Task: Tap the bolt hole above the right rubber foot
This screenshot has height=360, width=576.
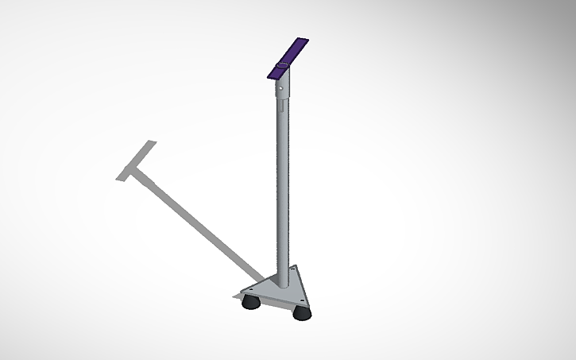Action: (x=303, y=300)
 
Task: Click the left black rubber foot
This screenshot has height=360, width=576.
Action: (x=251, y=301)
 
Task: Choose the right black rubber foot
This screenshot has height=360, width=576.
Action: (x=302, y=312)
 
